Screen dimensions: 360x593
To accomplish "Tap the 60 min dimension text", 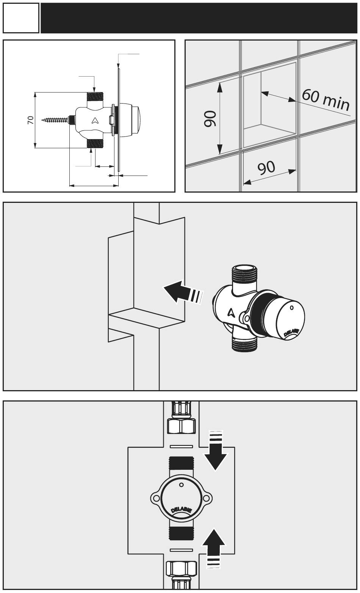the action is pyautogui.click(x=326, y=99).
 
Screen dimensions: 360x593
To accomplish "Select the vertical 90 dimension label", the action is pyautogui.click(x=210, y=119).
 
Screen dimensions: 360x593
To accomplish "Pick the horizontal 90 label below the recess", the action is pyautogui.click(x=266, y=167).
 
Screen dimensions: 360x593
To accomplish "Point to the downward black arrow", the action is pyautogui.click(x=215, y=451).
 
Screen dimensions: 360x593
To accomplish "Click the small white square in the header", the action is pyautogui.click(x=21, y=18).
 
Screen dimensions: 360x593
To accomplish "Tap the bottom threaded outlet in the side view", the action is pyautogui.click(x=95, y=143).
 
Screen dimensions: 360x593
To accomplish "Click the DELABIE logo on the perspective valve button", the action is pyautogui.click(x=291, y=333).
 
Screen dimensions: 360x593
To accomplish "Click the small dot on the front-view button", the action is pyautogui.click(x=181, y=485).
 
